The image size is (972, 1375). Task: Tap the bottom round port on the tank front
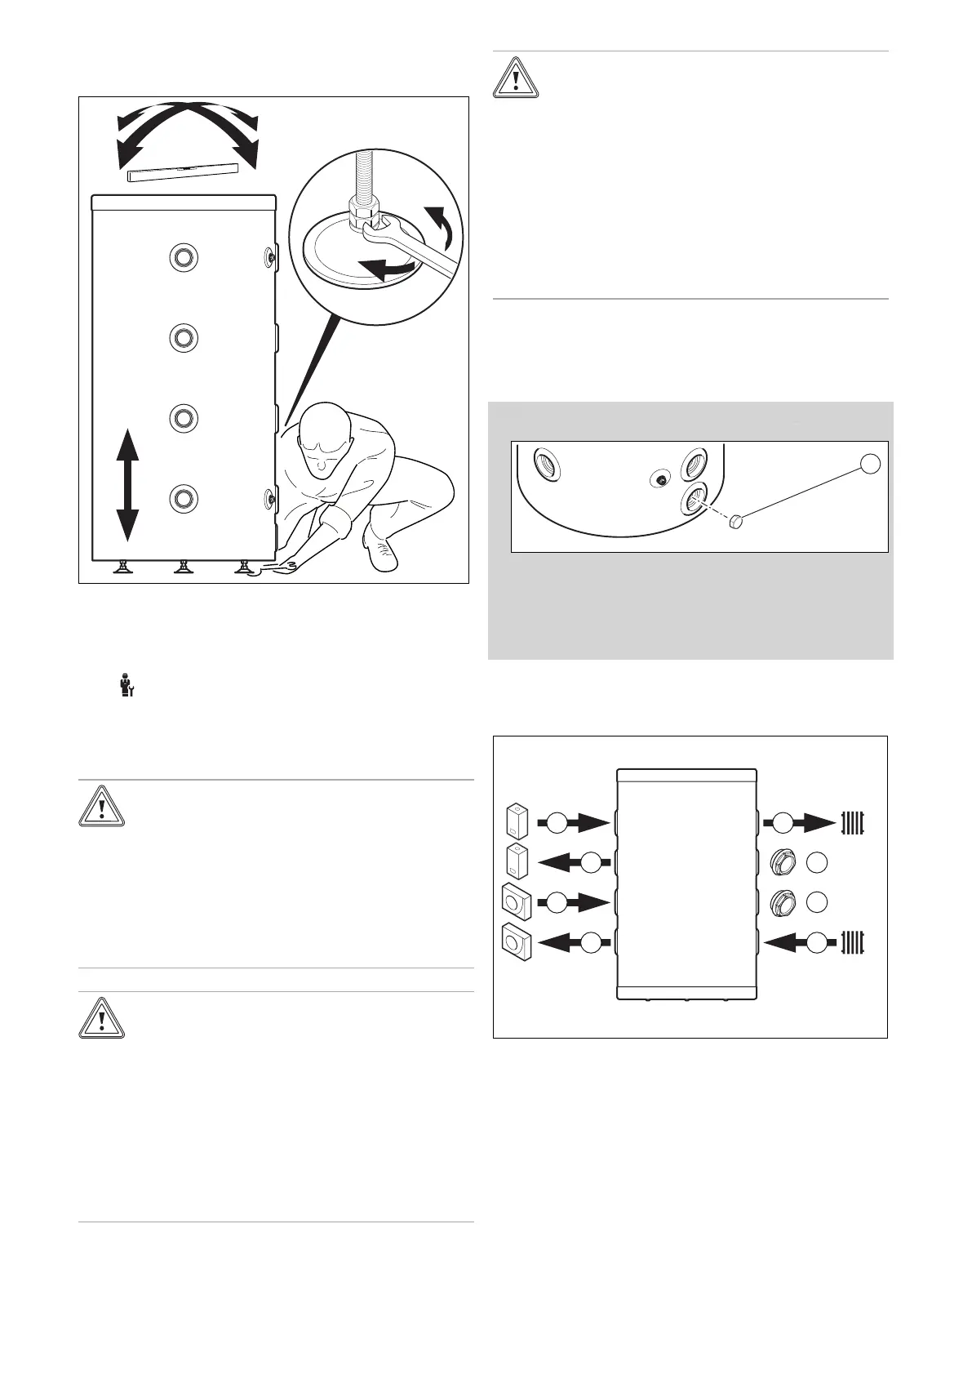pyautogui.click(x=184, y=497)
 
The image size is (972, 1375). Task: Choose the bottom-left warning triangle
pyautogui.click(x=101, y=1017)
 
